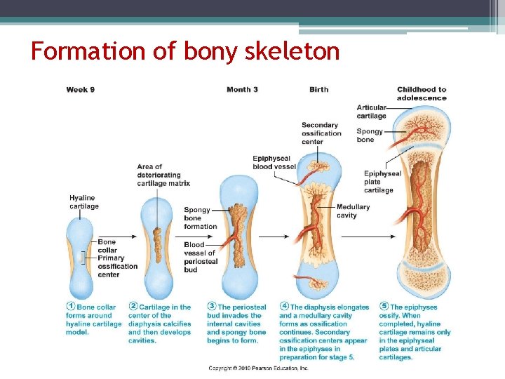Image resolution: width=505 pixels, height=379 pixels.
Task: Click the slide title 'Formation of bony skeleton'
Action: coord(185,51)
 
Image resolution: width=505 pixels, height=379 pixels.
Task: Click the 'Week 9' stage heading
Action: coord(81,90)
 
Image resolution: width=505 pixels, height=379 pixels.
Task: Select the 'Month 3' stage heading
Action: coord(242,90)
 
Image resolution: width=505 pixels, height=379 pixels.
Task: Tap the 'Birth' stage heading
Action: coord(318,90)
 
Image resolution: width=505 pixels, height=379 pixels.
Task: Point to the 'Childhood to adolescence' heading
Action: coord(422,93)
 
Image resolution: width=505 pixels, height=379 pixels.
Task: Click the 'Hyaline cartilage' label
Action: coord(84,202)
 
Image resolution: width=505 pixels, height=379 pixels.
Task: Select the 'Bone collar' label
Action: coord(107,246)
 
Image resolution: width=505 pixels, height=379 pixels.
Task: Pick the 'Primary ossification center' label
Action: coord(117,266)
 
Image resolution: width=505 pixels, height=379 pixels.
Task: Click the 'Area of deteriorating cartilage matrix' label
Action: coord(163,175)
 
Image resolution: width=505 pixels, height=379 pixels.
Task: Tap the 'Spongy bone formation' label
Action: coord(201,218)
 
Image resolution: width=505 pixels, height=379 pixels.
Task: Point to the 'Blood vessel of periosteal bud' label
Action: coord(201,257)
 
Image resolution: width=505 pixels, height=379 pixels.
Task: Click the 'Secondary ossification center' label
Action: coord(321,133)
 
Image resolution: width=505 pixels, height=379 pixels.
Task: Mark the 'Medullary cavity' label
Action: coord(353,211)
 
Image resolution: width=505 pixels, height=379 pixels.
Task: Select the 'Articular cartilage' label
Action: coord(371,112)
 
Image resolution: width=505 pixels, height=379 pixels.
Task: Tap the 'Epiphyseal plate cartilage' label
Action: coord(382,182)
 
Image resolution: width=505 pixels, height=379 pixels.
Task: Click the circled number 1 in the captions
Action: coord(71,307)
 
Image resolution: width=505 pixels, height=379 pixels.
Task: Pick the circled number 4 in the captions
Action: coord(284,306)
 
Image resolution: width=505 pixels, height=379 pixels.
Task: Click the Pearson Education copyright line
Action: coord(258,368)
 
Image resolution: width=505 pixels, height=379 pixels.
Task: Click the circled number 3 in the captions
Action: coord(212,307)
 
